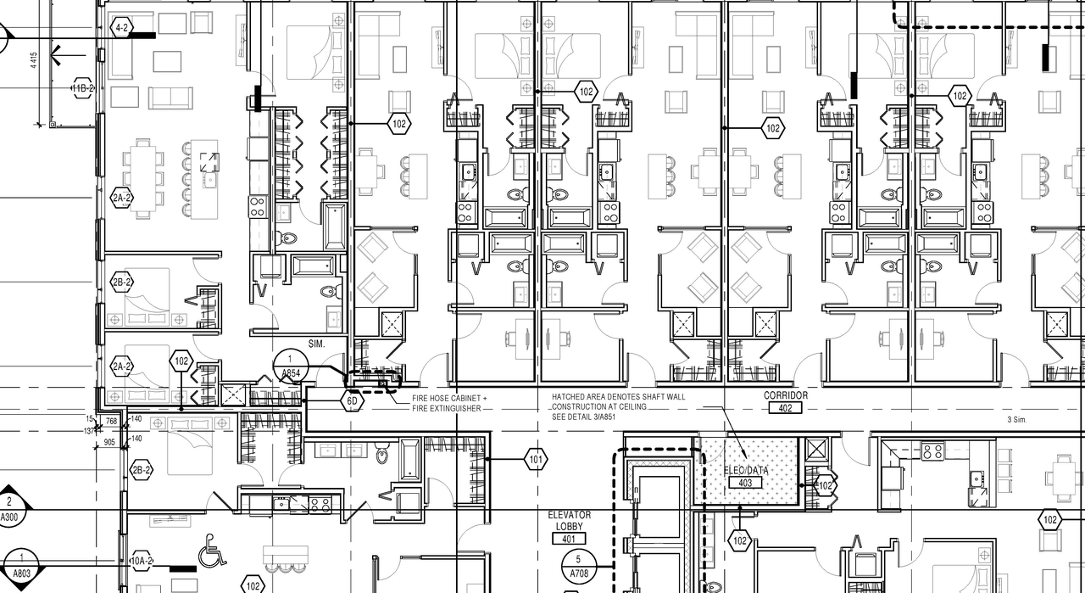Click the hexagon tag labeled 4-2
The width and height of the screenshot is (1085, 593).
(122, 28)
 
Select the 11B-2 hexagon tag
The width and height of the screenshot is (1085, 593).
(82, 89)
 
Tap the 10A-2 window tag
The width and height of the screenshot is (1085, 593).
(141, 561)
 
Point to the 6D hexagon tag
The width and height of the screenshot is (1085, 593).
(353, 400)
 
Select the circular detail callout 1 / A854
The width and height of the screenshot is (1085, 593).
(290, 366)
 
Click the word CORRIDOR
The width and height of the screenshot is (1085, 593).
(786, 395)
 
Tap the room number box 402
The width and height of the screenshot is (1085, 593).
(786, 408)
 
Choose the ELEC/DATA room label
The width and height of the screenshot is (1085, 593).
(746, 470)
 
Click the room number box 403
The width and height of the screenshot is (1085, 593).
(746, 483)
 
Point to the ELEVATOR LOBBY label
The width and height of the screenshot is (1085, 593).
(570, 521)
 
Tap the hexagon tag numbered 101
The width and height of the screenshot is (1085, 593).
(536, 461)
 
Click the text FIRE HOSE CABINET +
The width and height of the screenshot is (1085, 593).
(450, 398)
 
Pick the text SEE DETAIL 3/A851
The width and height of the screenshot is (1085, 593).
(590, 417)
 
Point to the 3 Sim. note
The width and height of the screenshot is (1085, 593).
(1016, 419)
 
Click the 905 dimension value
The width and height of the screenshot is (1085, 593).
(109, 442)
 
